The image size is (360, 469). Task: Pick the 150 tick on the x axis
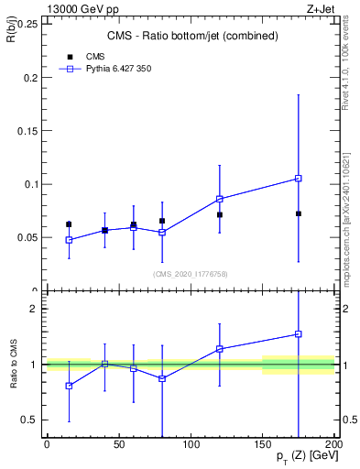[263, 445]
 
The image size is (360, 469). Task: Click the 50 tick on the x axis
[119, 445]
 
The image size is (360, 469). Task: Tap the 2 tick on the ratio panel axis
[36, 309]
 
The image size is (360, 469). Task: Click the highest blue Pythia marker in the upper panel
[299, 179]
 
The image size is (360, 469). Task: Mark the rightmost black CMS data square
[299, 213]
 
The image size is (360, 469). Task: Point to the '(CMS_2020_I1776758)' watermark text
[191, 273]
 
